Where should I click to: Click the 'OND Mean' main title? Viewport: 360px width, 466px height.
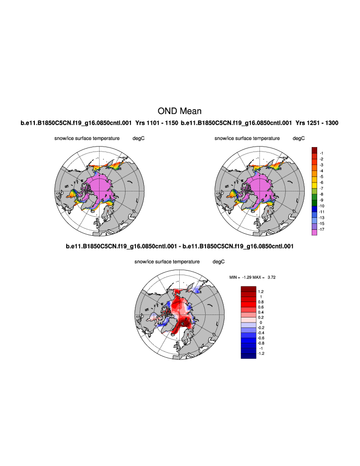(180, 111)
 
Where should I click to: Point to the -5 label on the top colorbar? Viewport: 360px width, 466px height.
(322, 176)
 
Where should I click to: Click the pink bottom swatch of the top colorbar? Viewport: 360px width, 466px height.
(315, 233)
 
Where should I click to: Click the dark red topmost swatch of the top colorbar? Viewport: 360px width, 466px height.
(315, 150)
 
